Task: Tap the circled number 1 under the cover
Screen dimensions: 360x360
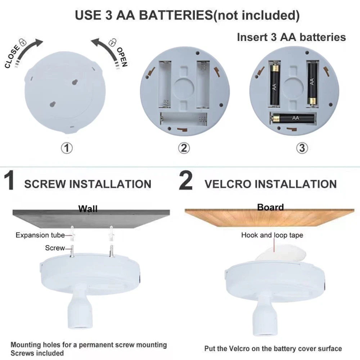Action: click(x=67, y=148)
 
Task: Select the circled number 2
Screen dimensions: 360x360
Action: click(x=184, y=148)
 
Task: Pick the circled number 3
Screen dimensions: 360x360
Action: click(x=302, y=148)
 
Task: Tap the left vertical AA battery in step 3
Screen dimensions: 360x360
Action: click(x=274, y=85)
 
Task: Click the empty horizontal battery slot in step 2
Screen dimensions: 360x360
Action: click(x=184, y=119)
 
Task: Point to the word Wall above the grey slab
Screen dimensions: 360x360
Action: click(x=88, y=209)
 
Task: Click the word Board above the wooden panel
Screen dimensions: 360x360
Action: click(x=270, y=207)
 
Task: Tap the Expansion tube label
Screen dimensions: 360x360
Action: click(x=40, y=235)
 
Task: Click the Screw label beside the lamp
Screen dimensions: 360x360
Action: click(x=55, y=248)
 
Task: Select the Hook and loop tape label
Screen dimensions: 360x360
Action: click(x=272, y=235)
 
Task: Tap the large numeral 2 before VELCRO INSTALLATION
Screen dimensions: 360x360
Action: click(x=185, y=181)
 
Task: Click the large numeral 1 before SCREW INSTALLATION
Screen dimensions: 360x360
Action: click(x=10, y=181)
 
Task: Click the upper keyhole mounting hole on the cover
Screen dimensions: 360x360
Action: click(x=75, y=82)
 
